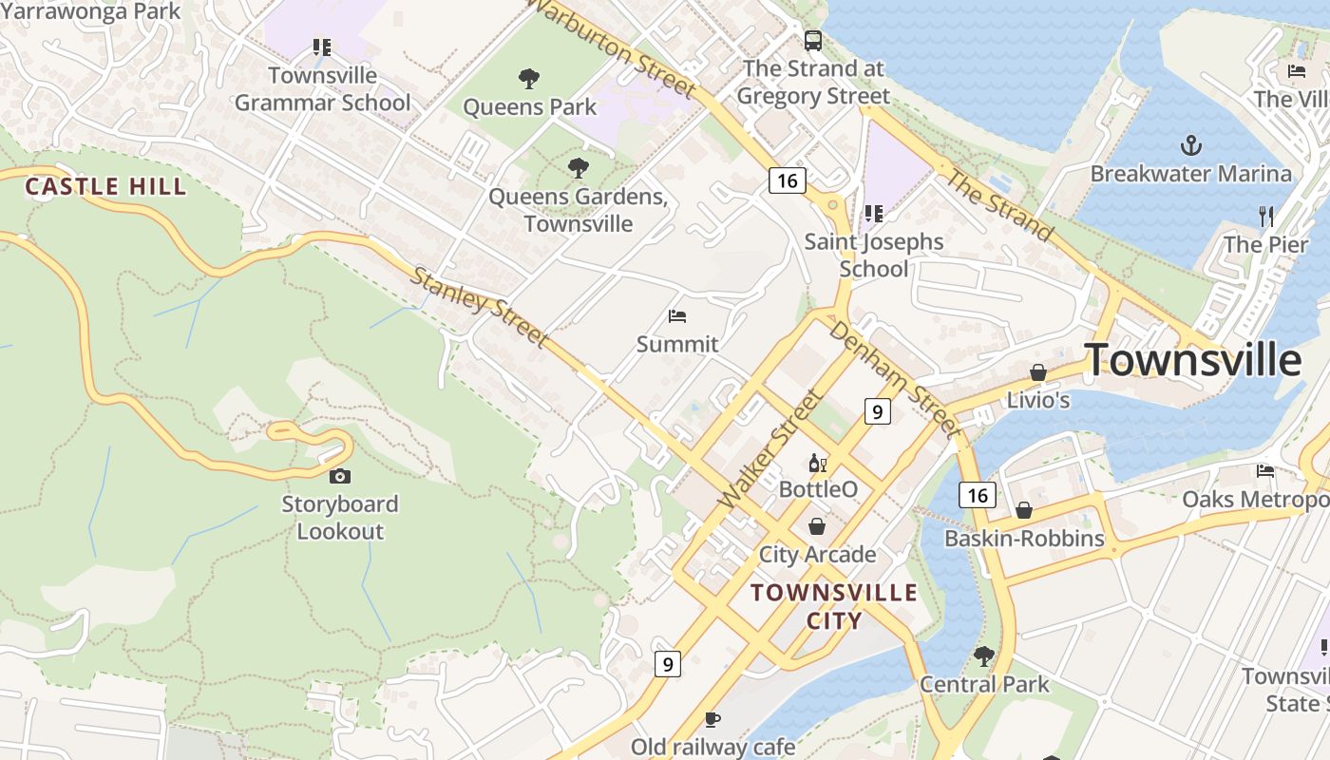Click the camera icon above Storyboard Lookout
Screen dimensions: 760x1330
tap(339, 476)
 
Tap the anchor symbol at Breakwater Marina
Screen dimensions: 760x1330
tap(1190, 145)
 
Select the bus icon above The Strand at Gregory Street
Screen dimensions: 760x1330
tap(813, 41)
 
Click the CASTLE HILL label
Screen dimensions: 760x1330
tap(105, 186)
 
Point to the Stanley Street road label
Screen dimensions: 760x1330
tap(480, 307)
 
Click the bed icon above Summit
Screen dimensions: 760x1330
tap(677, 316)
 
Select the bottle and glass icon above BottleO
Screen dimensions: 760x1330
tap(817, 464)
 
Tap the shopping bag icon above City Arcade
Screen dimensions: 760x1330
tap(817, 526)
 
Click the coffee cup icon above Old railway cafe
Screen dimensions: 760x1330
tap(712, 720)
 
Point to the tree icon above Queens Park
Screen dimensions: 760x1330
tap(529, 79)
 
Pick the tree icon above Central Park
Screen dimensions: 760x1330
tap(984, 655)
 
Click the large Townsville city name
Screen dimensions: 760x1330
tap(1193, 360)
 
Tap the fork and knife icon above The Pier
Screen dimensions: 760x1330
tap(1265, 216)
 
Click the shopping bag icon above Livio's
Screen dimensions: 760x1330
tap(1038, 372)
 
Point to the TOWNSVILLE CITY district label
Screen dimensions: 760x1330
tap(834, 606)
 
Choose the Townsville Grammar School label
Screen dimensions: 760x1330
tap(323, 89)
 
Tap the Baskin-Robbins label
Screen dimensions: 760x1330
tap(1024, 539)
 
